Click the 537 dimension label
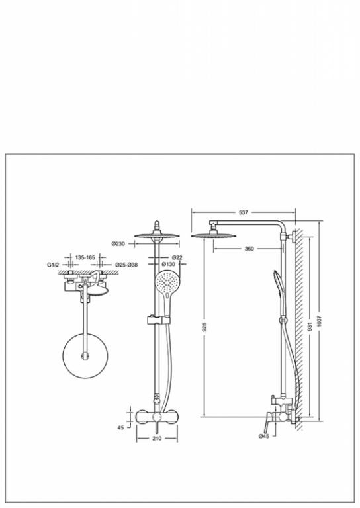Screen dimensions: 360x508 tap(243, 212)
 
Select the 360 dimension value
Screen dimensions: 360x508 tap(249, 249)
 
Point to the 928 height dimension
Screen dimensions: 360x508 tap(204, 327)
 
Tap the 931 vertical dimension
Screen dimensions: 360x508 tap(310, 327)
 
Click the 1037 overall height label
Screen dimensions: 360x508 tap(320, 321)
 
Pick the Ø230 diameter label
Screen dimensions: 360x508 tap(118, 244)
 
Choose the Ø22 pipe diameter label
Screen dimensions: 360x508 tap(177, 257)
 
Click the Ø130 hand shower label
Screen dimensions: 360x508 tap(168, 264)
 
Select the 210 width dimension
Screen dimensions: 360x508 tap(157, 439)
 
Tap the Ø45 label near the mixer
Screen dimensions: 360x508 tap(264, 436)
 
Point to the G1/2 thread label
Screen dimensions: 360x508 tap(53, 265)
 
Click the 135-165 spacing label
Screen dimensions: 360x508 tap(85, 257)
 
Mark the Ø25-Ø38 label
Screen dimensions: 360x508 tap(126, 265)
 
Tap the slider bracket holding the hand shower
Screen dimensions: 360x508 tap(158, 319)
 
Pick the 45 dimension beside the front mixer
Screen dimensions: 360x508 tap(120, 428)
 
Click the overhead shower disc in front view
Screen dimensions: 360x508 tap(157, 235)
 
